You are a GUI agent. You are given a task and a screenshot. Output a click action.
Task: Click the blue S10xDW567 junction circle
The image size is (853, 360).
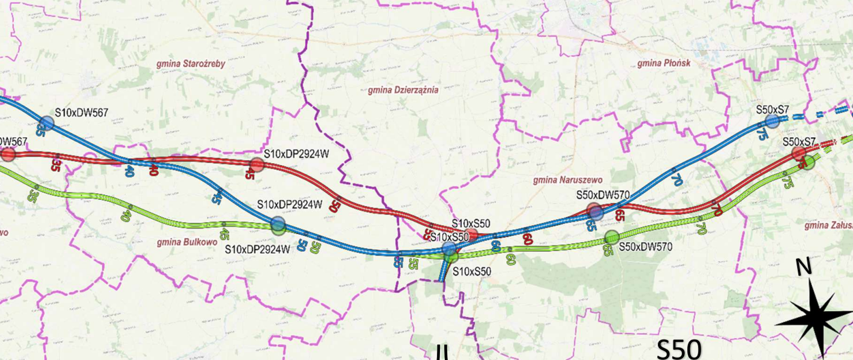(47, 123)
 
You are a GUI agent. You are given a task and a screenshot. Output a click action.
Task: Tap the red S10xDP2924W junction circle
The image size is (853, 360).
(257, 164)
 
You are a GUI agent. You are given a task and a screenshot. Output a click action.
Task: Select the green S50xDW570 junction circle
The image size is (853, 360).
(612, 237)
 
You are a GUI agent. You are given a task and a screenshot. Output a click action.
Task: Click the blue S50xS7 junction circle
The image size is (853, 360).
(773, 121)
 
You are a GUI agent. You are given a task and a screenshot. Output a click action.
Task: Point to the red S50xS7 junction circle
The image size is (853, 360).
(799, 154)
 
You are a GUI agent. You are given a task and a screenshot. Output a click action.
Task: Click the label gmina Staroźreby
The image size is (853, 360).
(191, 64)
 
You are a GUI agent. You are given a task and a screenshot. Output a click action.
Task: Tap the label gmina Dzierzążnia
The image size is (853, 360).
(403, 90)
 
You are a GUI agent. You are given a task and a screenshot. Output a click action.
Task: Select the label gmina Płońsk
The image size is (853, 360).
(664, 63)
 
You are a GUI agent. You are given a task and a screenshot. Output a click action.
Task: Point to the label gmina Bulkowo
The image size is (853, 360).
(187, 242)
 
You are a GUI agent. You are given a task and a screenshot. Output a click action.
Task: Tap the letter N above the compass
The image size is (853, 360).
(803, 267)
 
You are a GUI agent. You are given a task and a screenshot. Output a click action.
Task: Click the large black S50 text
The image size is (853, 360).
(679, 349)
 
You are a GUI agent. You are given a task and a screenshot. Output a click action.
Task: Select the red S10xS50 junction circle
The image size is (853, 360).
(472, 234)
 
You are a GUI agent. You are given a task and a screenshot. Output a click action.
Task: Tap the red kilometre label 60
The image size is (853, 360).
(527, 239)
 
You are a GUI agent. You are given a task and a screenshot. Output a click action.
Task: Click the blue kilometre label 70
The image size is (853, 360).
(677, 180)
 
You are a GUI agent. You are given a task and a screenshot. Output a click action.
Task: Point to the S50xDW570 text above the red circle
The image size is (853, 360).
(602, 195)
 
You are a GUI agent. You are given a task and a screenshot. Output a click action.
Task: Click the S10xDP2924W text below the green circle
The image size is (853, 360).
(257, 249)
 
